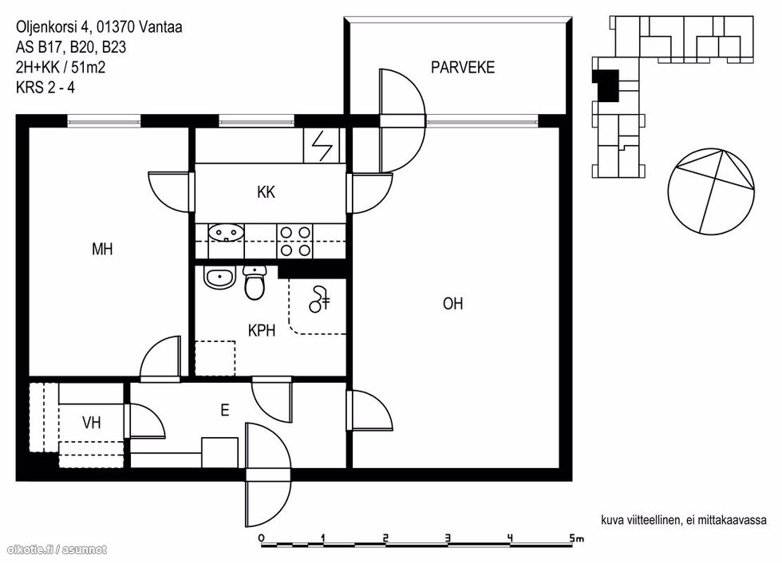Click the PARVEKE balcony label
[x=462, y=67]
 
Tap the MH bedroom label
[x=102, y=249]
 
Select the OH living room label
[x=452, y=303]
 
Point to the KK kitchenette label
[x=267, y=192]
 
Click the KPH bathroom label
[x=262, y=330]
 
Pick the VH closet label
[x=91, y=423]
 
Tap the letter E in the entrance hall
[x=225, y=410]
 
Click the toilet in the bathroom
[x=255, y=282]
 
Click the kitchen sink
[x=227, y=232]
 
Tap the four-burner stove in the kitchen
[x=294, y=241]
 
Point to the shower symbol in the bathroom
[x=319, y=299]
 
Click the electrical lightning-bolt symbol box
[x=321, y=145]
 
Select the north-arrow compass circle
[x=711, y=191]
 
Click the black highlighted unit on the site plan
[x=605, y=85]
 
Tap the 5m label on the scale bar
[x=576, y=538]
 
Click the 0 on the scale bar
[x=262, y=538]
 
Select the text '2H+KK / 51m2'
[x=61, y=67]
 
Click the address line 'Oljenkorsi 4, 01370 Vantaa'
[x=99, y=27]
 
